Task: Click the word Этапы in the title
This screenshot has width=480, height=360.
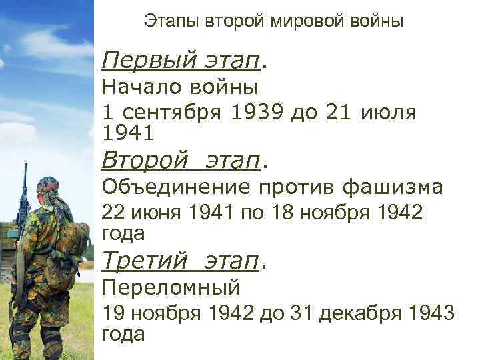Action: click(x=167, y=21)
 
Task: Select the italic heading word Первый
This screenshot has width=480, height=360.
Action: click(x=140, y=62)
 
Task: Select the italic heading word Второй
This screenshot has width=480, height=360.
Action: click(x=137, y=160)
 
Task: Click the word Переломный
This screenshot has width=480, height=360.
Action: click(x=170, y=287)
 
